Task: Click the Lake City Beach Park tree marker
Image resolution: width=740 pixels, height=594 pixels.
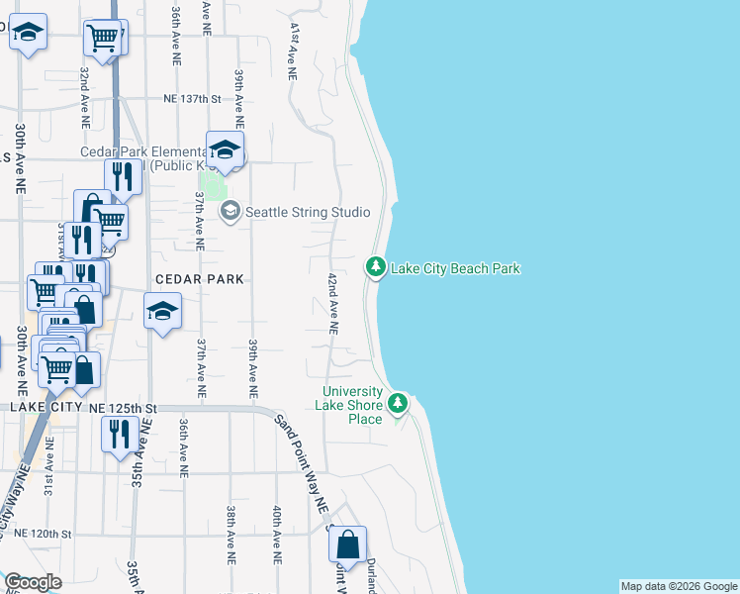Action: point(375,267)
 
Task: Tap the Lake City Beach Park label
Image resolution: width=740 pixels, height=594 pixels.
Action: point(455,268)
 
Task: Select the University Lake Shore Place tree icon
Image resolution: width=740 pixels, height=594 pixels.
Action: point(398,403)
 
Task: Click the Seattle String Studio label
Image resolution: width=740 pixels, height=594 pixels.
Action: point(308,212)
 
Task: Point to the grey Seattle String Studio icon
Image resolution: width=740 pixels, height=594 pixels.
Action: point(231,211)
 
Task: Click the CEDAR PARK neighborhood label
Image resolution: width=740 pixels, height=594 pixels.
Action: point(198,280)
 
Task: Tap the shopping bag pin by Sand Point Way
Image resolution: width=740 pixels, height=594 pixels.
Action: point(348,544)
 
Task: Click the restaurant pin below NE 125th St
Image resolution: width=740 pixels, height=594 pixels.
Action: point(119,434)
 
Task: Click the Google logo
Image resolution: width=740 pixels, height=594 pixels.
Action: point(33,582)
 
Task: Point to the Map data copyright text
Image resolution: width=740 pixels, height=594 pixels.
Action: point(679,586)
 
